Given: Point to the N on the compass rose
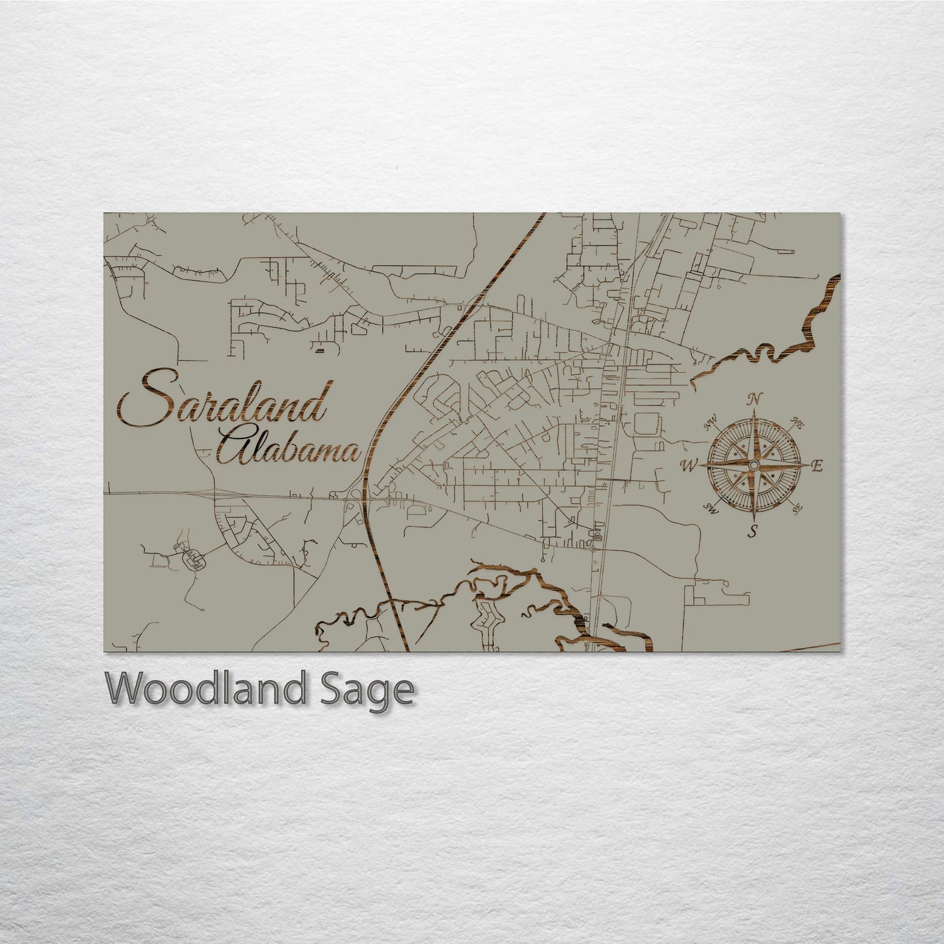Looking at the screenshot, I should (x=755, y=399).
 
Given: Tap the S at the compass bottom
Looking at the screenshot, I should (x=753, y=530).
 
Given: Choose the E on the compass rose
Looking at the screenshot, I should (x=817, y=466).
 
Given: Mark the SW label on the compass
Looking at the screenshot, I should (x=711, y=508).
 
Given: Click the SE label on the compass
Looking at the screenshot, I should (x=796, y=508).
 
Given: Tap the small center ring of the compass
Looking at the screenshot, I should (x=754, y=464).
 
